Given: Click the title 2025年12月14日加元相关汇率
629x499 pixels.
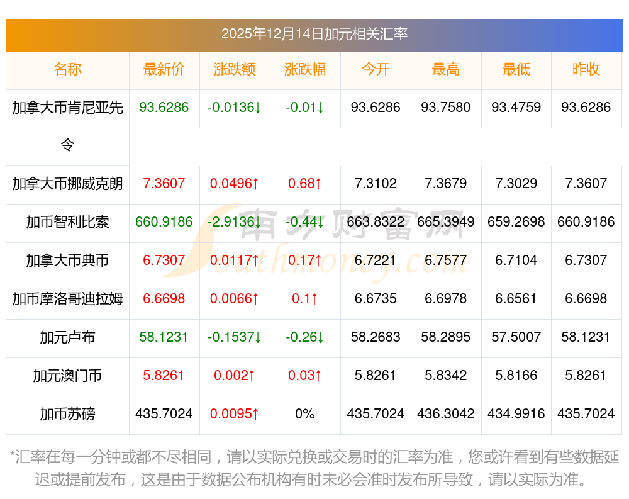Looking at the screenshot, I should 314,33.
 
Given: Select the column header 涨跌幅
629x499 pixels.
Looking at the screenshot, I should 305,70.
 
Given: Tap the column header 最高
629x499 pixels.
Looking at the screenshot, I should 446,70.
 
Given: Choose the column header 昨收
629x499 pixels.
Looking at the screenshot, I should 586,70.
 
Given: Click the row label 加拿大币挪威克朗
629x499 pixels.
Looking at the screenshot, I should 67,184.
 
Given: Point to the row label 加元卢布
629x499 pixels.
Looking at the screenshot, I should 67,337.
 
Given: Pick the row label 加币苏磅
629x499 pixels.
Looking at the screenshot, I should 67,414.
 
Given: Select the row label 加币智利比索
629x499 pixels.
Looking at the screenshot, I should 67,222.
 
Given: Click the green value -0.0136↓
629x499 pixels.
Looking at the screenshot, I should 235,108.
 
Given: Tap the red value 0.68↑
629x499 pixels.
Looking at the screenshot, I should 305,184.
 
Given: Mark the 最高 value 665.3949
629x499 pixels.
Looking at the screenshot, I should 446,222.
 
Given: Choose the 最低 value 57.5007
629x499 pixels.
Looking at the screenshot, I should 516,337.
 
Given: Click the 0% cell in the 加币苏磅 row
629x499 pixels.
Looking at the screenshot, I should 305,414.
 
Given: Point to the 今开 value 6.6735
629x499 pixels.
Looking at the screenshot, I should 376,299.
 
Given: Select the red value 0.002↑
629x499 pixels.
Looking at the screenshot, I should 235,376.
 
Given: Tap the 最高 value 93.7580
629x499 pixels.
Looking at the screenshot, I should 446,108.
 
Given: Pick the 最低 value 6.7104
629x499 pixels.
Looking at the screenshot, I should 516,261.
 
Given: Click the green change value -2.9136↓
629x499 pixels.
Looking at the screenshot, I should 235,222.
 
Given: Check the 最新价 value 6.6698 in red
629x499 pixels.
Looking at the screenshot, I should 164,299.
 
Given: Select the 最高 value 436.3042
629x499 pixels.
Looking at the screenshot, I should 446,414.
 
